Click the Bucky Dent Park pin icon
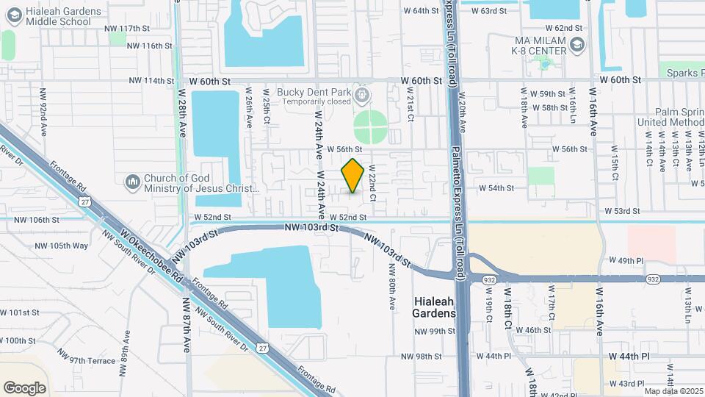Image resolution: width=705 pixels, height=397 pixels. [361, 95]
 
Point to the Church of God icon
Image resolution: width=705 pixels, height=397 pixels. [132, 181]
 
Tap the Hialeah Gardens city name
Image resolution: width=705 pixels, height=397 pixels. [434, 307]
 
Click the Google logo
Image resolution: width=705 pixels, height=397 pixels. [24, 387]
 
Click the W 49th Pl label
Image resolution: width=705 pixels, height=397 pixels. [626, 261]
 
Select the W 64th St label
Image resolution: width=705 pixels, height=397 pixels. [422, 11]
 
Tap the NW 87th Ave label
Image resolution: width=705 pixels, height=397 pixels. [187, 331]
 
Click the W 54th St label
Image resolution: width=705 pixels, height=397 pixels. [496, 188]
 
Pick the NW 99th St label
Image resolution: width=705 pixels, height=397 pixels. [435, 332]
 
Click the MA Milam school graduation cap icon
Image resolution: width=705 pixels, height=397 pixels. [577, 46]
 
